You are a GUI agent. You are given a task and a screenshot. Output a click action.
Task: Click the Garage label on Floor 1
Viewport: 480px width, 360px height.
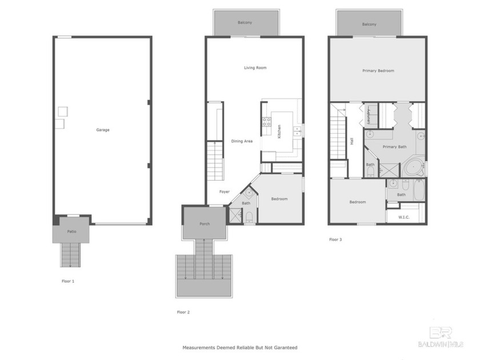tap(103, 130)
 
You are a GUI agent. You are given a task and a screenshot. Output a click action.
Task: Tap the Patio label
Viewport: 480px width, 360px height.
tap(72, 231)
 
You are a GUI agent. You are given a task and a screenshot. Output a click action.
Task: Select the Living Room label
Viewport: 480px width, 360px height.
tap(255, 68)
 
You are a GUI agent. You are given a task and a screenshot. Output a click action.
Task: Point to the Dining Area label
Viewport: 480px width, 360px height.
tap(242, 141)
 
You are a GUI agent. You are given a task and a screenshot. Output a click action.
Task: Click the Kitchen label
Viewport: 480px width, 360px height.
tap(279, 131)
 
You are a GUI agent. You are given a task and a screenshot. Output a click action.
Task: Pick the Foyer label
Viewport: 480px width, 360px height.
tap(224, 191)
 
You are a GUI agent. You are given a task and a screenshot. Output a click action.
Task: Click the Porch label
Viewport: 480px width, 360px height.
tap(205, 223)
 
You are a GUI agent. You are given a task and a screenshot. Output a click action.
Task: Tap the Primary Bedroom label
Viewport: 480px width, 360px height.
tap(378, 71)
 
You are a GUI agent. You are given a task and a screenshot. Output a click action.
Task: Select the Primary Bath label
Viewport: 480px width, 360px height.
tap(394, 147)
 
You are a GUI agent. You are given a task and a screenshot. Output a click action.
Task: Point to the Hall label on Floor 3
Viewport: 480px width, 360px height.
tap(352, 140)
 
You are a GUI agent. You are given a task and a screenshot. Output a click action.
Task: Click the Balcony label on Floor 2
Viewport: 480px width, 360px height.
tap(245, 23)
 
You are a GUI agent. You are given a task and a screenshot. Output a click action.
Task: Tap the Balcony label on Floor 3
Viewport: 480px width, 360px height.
tap(369, 24)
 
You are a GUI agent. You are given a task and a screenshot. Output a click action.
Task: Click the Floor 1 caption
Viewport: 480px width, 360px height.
tap(68, 281)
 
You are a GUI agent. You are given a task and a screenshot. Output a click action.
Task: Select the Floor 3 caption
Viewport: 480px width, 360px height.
tap(335, 239)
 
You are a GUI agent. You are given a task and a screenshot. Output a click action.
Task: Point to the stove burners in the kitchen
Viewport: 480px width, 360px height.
tap(266, 121)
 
